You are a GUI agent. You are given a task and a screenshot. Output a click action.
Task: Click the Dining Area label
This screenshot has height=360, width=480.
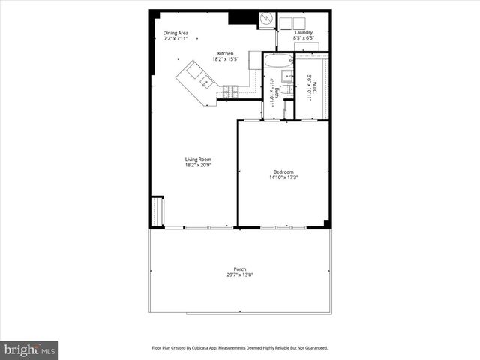175,33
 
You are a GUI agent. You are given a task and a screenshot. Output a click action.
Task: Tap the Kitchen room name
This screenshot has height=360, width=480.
226,53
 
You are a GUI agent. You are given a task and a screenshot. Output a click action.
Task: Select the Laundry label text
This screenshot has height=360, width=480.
303,33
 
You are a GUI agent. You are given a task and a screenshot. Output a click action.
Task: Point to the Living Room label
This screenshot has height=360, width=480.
199,159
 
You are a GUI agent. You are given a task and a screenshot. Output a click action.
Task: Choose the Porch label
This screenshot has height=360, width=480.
240,269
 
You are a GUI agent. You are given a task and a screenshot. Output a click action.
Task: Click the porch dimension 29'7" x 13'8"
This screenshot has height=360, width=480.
240,275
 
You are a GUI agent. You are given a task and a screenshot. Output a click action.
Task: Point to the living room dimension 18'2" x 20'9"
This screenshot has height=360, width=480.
199,165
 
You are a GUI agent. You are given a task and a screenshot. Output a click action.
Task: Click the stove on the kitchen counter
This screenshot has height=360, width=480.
230,92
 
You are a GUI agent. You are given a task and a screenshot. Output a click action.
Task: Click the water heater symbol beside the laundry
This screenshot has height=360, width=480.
267,20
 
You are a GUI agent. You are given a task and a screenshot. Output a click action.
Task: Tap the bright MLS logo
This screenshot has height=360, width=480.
29,349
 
